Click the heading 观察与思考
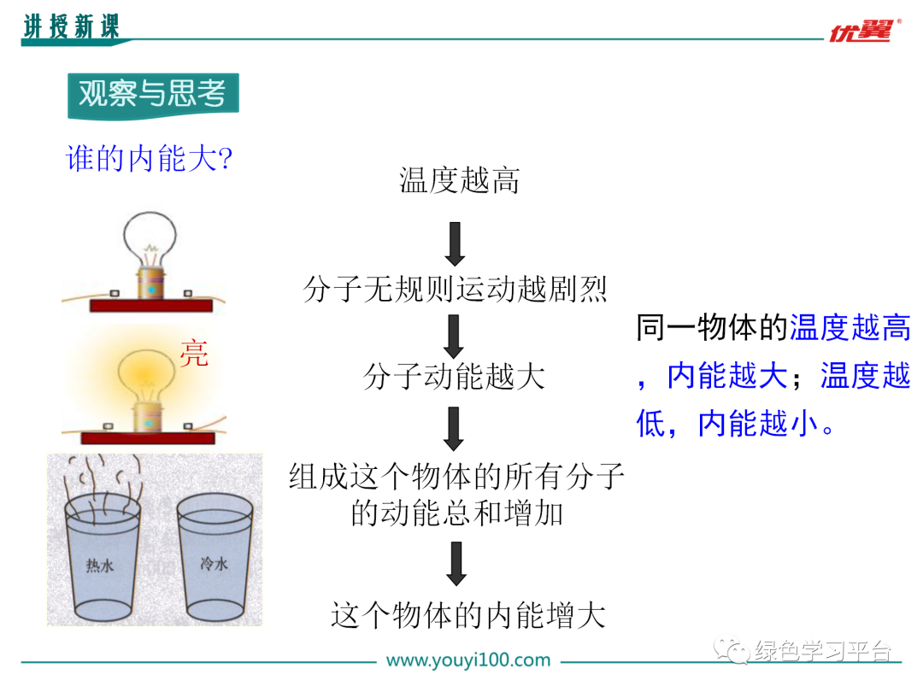coord(153,94)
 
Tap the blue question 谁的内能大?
coord(150,159)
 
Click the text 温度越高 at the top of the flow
coord(459,180)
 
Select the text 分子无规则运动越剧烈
coord(456,289)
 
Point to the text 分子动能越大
coord(454,377)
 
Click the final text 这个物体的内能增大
coord(468,615)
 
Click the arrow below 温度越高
coord(456,243)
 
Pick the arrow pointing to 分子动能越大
coord(455,336)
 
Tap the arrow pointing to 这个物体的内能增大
coord(456,565)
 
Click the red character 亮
coord(194,353)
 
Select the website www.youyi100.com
coord(468,660)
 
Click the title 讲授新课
coord(71,27)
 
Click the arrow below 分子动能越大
coord(455,428)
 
